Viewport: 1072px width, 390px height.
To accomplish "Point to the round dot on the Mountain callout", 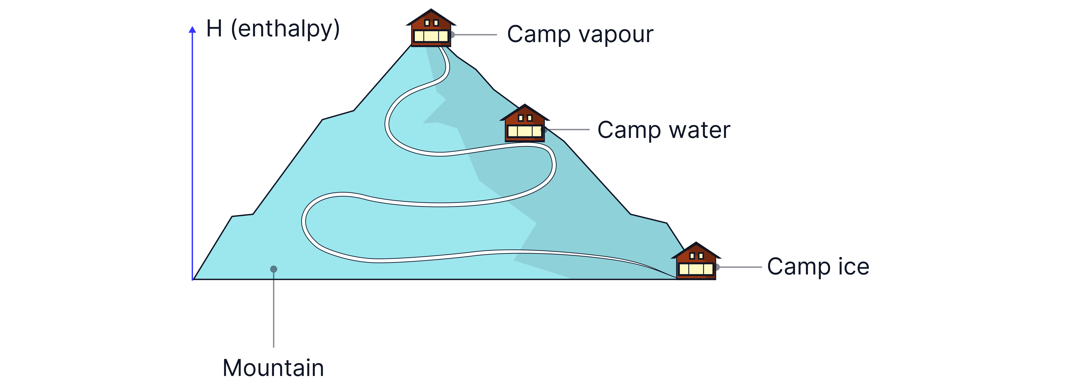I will click(x=273, y=269).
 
